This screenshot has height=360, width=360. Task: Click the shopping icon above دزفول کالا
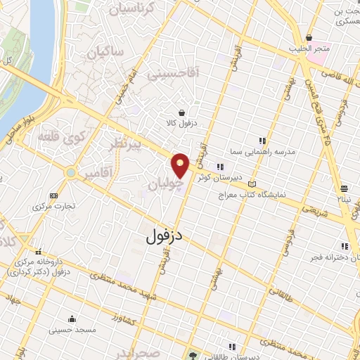point(182,112)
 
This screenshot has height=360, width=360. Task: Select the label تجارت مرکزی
point(54,207)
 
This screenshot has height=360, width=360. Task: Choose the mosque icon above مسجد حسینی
point(71,319)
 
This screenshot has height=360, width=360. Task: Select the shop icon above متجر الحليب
point(309,38)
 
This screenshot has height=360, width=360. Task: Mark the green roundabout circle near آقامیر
point(70,172)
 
